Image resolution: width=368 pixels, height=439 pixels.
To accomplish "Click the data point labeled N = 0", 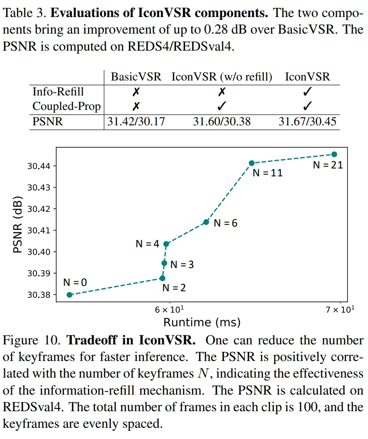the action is tap(70, 295).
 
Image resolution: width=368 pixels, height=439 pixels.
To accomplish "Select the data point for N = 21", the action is tap(334, 154).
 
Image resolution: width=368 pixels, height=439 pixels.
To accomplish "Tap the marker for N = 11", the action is tap(251, 163).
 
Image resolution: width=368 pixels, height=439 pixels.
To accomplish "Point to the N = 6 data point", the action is tap(206, 222).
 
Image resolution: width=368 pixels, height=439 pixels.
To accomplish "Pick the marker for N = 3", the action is tap(165, 263).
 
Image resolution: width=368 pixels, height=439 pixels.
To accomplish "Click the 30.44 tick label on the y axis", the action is tap(39, 166).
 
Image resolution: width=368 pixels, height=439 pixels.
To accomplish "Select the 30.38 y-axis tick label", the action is tap(39, 295).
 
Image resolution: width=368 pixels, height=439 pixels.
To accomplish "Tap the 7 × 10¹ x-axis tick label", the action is tap(340, 310).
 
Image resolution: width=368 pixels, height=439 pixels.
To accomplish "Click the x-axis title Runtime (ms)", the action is tap(202, 322).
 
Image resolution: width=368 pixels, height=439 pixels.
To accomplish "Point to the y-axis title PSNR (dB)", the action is tap(17, 224).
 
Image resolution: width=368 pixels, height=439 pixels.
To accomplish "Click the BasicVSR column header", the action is tap(136, 77).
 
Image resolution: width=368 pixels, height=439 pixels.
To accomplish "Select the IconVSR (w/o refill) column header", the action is tap(222, 77).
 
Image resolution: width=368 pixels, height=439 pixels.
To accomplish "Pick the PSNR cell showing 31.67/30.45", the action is tap(307, 122).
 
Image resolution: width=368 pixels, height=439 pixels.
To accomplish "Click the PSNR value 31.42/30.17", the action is tap(136, 122).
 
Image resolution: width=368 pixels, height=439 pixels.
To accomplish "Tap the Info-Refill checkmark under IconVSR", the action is tap(307, 91).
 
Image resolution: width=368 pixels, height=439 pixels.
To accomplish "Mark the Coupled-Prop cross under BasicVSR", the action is tap(136, 106).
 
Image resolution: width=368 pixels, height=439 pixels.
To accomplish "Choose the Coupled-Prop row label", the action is tap(66, 107).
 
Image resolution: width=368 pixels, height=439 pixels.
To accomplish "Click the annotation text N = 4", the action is tap(147, 244).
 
